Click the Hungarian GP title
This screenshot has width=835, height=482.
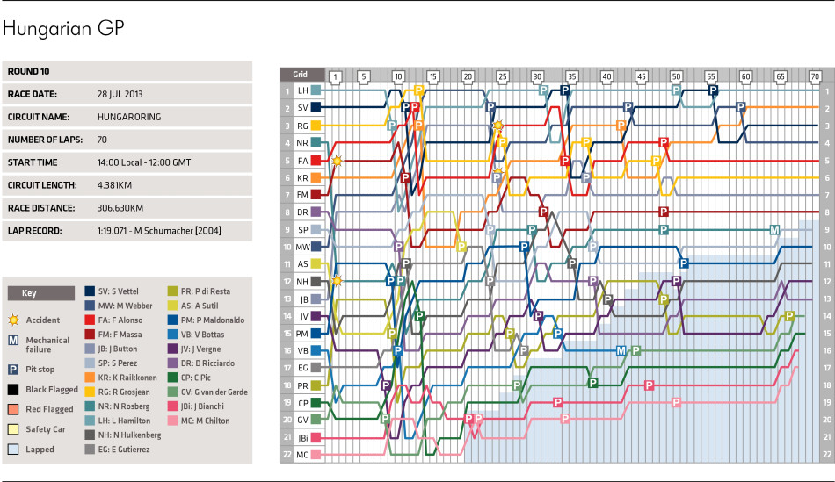[63, 29]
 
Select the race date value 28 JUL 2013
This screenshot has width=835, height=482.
[120, 92]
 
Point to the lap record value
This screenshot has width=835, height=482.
[159, 231]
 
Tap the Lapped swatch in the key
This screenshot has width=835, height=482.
[12, 449]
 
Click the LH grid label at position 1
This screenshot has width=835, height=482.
[301, 90]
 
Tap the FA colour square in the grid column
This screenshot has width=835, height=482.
[315, 162]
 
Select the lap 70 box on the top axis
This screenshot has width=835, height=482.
[815, 76]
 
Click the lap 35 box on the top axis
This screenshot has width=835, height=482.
[572, 76]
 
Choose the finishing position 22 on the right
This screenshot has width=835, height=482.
[826, 455]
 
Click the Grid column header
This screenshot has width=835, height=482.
[300, 75]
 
